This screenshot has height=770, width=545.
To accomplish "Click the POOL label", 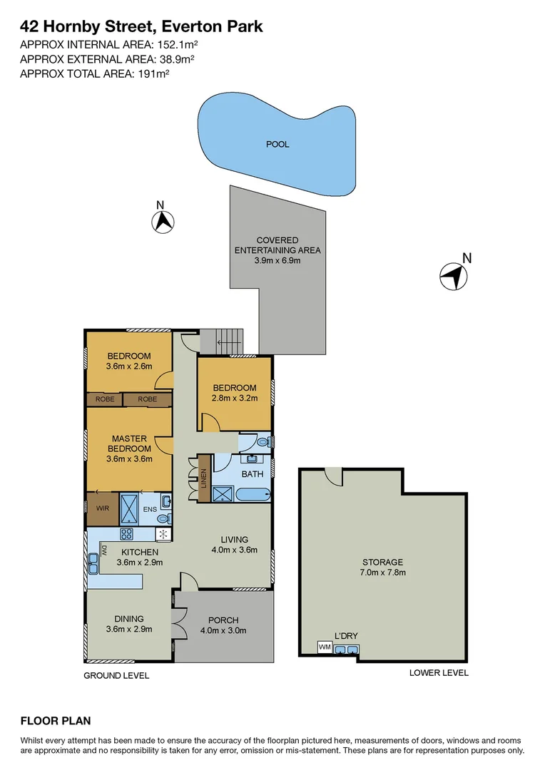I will coord(277,144).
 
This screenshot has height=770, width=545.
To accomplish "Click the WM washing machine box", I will coord(325,647).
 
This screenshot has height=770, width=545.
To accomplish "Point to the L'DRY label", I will coord(346,636).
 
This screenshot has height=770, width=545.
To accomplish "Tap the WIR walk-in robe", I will coord(98,509).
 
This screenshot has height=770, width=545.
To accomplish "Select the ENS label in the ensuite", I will coord(150,509).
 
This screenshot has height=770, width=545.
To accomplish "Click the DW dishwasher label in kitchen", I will coord(103,550).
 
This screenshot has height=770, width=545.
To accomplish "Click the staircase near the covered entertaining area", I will coord(221,342).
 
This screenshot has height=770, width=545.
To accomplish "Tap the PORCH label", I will coord(223,620).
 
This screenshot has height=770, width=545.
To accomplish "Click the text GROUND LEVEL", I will coord(116,675).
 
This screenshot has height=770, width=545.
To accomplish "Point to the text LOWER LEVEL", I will coord(439,672).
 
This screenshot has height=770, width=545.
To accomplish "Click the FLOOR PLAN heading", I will coord(56,721).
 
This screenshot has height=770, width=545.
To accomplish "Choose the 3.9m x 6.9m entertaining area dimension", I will coord(277,260).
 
